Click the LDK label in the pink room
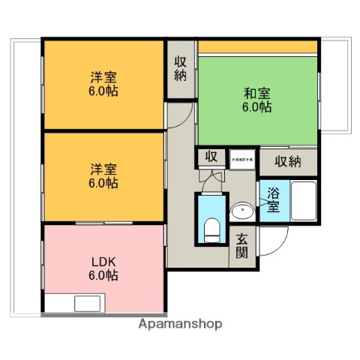104,262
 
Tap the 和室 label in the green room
256,94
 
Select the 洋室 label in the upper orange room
104,77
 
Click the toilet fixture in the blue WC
211,227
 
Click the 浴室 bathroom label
271,199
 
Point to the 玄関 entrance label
242,246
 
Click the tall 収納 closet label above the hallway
181,69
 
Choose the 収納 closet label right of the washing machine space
287,161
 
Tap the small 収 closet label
211,157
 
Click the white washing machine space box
242,159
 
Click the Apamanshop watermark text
180,325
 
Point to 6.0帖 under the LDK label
104,275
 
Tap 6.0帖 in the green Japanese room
256,107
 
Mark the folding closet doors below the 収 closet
211,176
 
